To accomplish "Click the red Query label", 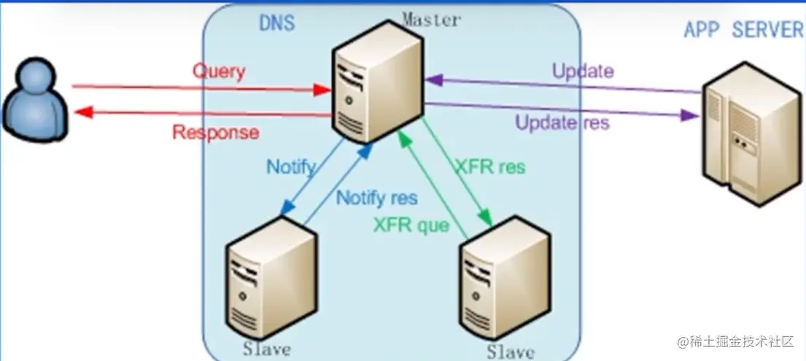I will click(x=219, y=71).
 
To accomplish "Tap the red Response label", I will click(x=215, y=133).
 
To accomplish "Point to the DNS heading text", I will click(x=277, y=23).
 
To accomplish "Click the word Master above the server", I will click(x=431, y=20).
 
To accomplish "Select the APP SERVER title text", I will click(x=743, y=29).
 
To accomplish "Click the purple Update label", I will click(x=583, y=71).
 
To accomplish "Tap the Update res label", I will click(x=562, y=122).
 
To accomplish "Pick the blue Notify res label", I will click(x=376, y=198).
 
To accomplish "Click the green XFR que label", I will click(x=411, y=225).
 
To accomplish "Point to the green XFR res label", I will click(x=489, y=166).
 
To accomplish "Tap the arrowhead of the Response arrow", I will click(x=82, y=112).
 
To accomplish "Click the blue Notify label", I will click(x=290, y=166).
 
